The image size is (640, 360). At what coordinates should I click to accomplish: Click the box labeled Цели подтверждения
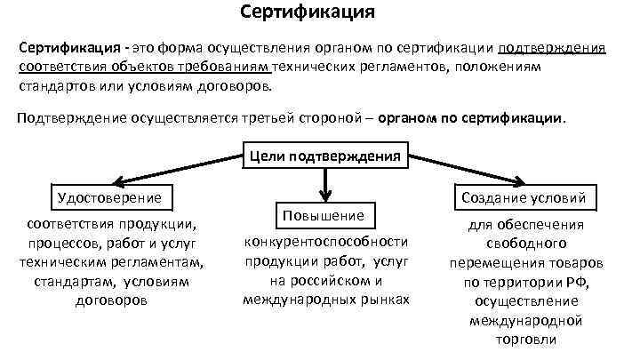coord(324,157)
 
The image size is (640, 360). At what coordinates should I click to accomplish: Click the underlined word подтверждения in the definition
coord(553,47)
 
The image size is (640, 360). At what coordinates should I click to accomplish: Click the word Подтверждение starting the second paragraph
coord(70,118)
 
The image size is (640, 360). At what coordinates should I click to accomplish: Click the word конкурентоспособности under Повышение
coord(325,241)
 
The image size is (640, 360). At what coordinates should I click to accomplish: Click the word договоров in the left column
coord(111,300)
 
